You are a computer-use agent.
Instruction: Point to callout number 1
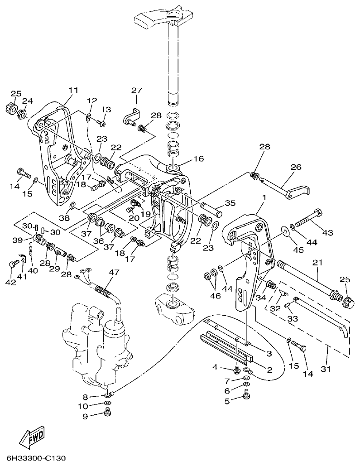click(264, 197)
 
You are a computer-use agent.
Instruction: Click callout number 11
click(73, 90)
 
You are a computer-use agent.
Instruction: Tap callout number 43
click(327, 232)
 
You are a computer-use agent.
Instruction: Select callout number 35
click(230, 203)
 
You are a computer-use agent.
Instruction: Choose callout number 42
click(10, 283)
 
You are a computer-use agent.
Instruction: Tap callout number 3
click(269, 353)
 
